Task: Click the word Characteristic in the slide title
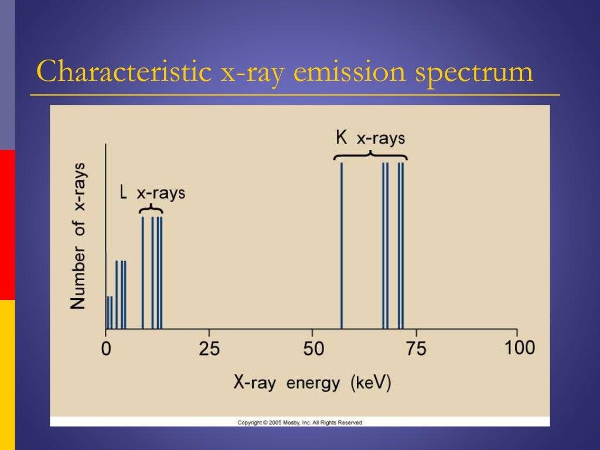tap(124, 72)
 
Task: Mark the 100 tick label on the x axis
tap(520, 347)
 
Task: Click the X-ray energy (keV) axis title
tap(312, 383)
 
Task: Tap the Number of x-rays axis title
tap(78, 236)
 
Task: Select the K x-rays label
tap(370, 138)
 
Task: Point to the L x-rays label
tap(152, 193)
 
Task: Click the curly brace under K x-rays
tap(370, 155)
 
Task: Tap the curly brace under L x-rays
tap(151, 210)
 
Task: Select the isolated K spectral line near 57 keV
tap(342, 246)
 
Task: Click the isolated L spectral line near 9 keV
tap(142, 272)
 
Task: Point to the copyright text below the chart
tap(300, 422)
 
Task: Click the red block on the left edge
tap(7, 224)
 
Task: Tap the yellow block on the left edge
tap(7, 375)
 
